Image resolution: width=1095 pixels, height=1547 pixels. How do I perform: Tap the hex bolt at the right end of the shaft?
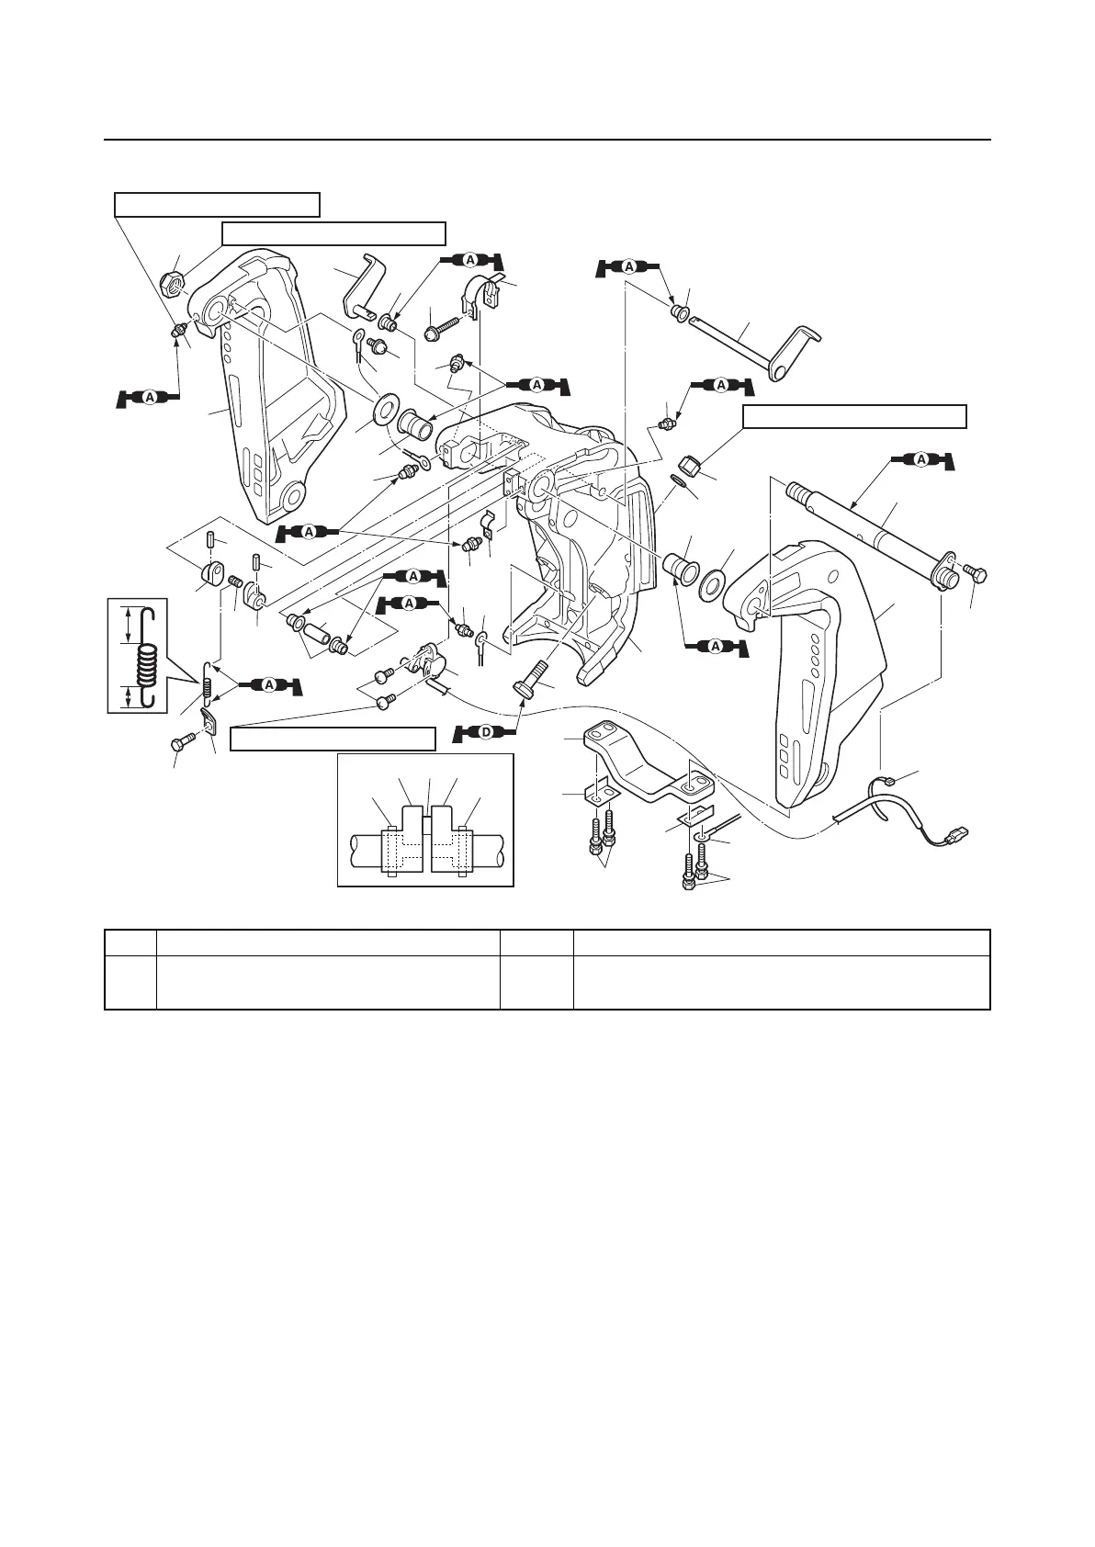[x=974, y=575]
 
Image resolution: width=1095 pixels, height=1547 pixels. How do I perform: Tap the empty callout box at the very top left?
[x=217, y=204]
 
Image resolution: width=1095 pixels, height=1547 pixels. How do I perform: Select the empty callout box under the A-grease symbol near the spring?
[x=332, y=739]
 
